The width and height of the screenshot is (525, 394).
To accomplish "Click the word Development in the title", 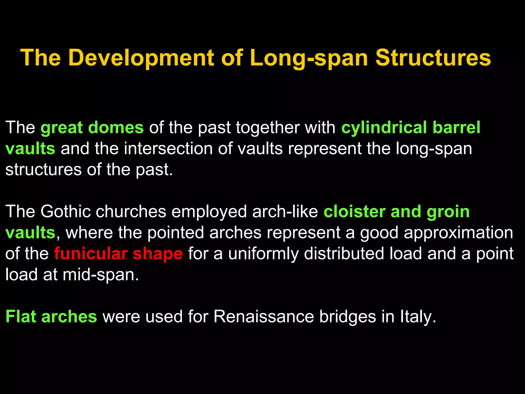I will coord(141,58).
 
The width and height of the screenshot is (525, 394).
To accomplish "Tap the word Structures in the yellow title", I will coord(433,58).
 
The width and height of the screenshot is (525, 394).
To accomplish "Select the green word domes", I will coord(116,127).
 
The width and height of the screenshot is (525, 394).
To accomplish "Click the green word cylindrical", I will coord(384,127).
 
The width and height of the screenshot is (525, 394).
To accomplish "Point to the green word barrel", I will coord(457,127).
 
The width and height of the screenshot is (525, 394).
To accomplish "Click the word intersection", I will coord(168,149).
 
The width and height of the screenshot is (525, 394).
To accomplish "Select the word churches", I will coord(131,212).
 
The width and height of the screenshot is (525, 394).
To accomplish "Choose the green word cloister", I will coord(355,212).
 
